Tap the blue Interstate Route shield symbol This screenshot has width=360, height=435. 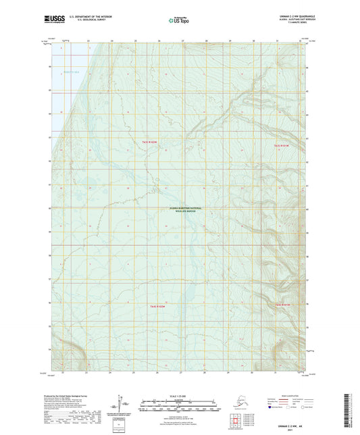pos(273,408)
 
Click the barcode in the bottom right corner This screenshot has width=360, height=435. pos(355,411)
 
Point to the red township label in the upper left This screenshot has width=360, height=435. pos(149,142)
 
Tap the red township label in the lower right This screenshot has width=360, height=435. pos(282,305)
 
